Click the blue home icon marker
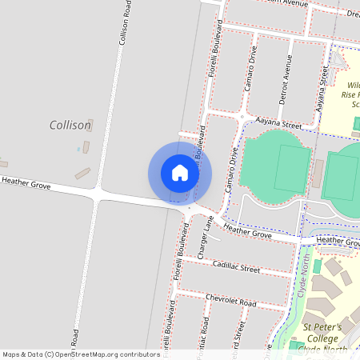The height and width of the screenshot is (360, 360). click(x=180, y=173)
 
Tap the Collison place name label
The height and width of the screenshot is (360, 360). click(x=70, y=125)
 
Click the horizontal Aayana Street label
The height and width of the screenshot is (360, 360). click(x=278, y=125)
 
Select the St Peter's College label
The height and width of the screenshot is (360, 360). click(x=322, y=332)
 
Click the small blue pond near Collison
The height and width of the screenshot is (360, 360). click(x=78, y=149)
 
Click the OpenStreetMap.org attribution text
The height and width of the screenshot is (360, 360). click(x=82, y=354)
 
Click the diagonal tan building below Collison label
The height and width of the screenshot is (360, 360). click(x=83, y=172)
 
